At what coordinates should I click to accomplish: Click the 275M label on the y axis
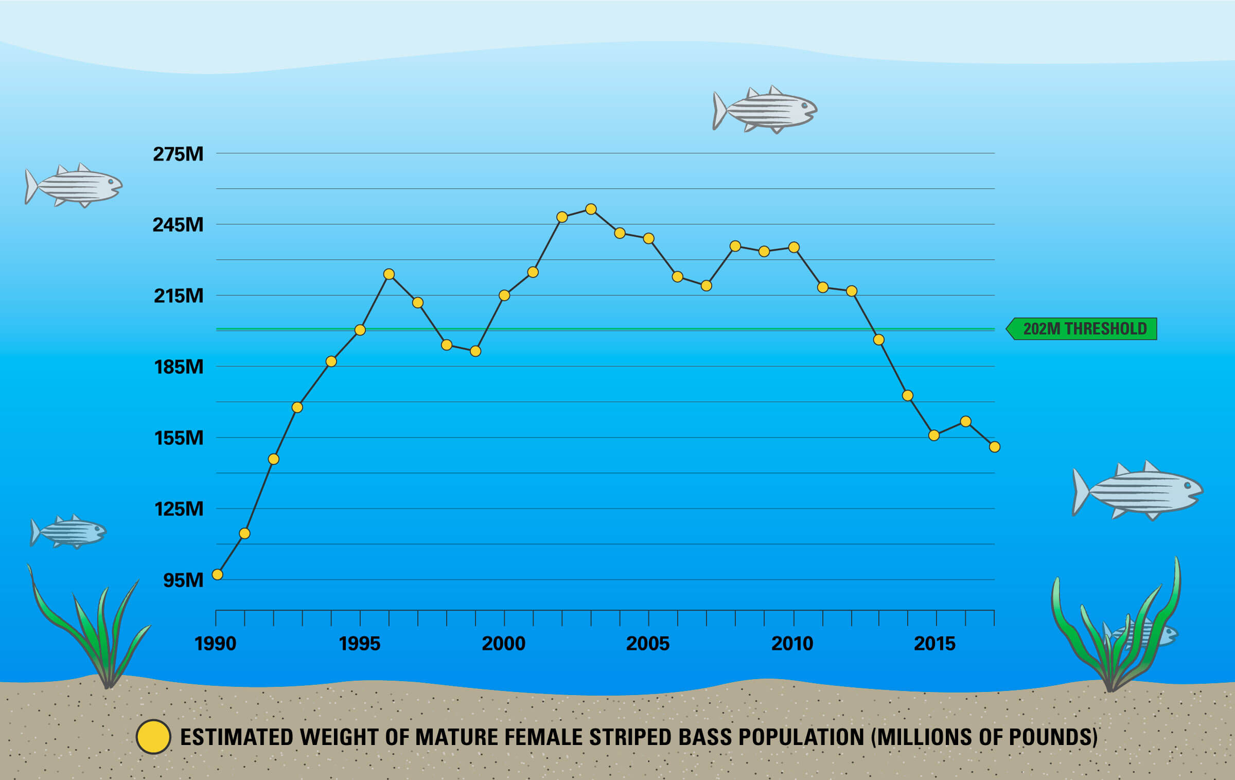[x=178, y=154]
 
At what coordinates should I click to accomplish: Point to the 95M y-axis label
[x=183, y=580]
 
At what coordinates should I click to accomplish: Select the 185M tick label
[x=179, y=367]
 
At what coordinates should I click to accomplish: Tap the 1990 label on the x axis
[x=215, y=644]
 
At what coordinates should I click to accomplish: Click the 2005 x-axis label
[x=648, y=644]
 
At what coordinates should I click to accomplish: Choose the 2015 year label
[x=934, y=644]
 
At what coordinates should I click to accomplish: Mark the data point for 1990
[x=218, y=575]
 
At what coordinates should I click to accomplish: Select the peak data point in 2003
[x=591, y=209]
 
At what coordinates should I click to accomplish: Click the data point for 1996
[x=389, y=274]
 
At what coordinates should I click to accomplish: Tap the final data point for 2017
[x=995, y=447]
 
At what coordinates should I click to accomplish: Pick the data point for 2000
[x=504, y=295]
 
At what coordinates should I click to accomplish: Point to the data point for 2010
[x=794, y=247]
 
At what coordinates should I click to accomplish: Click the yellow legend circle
[x=153, y=737]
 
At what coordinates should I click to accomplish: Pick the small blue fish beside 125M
[x=69, y=532]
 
